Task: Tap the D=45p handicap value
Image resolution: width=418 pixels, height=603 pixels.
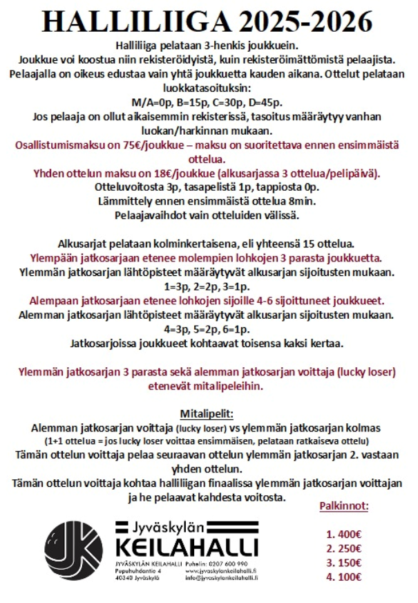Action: point(258,102)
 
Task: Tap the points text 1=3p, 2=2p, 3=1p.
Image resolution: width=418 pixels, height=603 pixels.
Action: point(207,286)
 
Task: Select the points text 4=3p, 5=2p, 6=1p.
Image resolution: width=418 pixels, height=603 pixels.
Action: point(207,328)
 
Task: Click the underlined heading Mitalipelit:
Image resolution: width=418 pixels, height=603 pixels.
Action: point(207,414)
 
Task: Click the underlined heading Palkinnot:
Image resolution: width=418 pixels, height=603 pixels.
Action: point(343,505)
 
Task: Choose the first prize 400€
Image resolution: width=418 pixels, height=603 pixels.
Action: point(343,534)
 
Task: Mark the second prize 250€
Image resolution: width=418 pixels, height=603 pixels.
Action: point(343,548)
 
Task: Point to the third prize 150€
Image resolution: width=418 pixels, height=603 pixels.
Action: point(343,562)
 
